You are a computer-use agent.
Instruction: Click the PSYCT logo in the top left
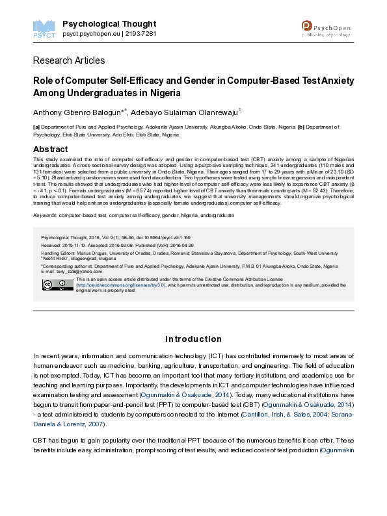pyautogui.click(x=43, y=28)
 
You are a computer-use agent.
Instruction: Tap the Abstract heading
pyautogui.click(x=50, y=149)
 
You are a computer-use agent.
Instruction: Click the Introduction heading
pyautogui.click(x=193, y=339)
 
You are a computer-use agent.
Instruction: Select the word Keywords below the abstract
pyautogui.click(x=44, y=214)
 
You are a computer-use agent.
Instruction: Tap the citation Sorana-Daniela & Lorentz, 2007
pyautogui.click(x=195, y=401)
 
